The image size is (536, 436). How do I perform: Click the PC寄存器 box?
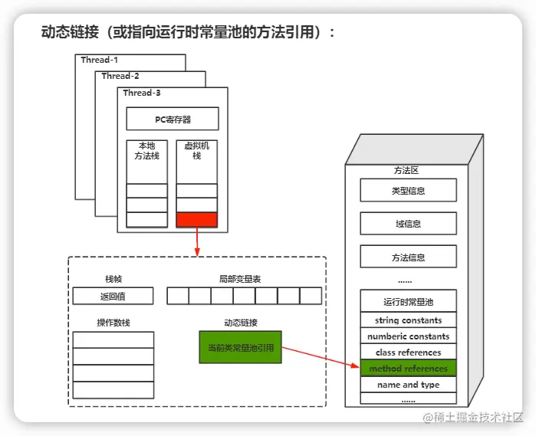(x=173, y=119)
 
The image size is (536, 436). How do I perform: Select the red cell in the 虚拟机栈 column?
(x=197, y=220)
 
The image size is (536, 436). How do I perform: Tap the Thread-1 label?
(x=100, y=60)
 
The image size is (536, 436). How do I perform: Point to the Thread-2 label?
(x=120, y=76)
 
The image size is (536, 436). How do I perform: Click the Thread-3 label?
(x=142, y=93)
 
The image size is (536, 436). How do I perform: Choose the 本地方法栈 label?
(x=146, y=150)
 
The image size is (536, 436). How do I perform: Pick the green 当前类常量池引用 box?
(x=240, y=347)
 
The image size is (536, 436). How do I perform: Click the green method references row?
(x=408, y=369)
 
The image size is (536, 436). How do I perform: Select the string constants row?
(x=408, y=320)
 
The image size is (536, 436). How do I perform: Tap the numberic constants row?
(x=408, y=336)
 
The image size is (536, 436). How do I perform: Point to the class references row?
(x=408, y=352)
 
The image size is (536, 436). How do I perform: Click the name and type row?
(x=408, y=385)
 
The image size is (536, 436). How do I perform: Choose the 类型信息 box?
(x=408, y=190)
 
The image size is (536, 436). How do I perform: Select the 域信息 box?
(x=408, y=224)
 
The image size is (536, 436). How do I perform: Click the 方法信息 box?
(x=408, y=257)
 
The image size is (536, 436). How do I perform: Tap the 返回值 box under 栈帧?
(x=113, y=296)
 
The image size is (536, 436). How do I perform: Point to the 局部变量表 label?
(x=240, y=279)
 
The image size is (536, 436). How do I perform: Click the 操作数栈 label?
(x=113, y=323)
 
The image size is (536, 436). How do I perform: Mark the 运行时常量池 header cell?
(x=408, y=301)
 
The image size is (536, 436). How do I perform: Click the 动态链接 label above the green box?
(x=240, y=323)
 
